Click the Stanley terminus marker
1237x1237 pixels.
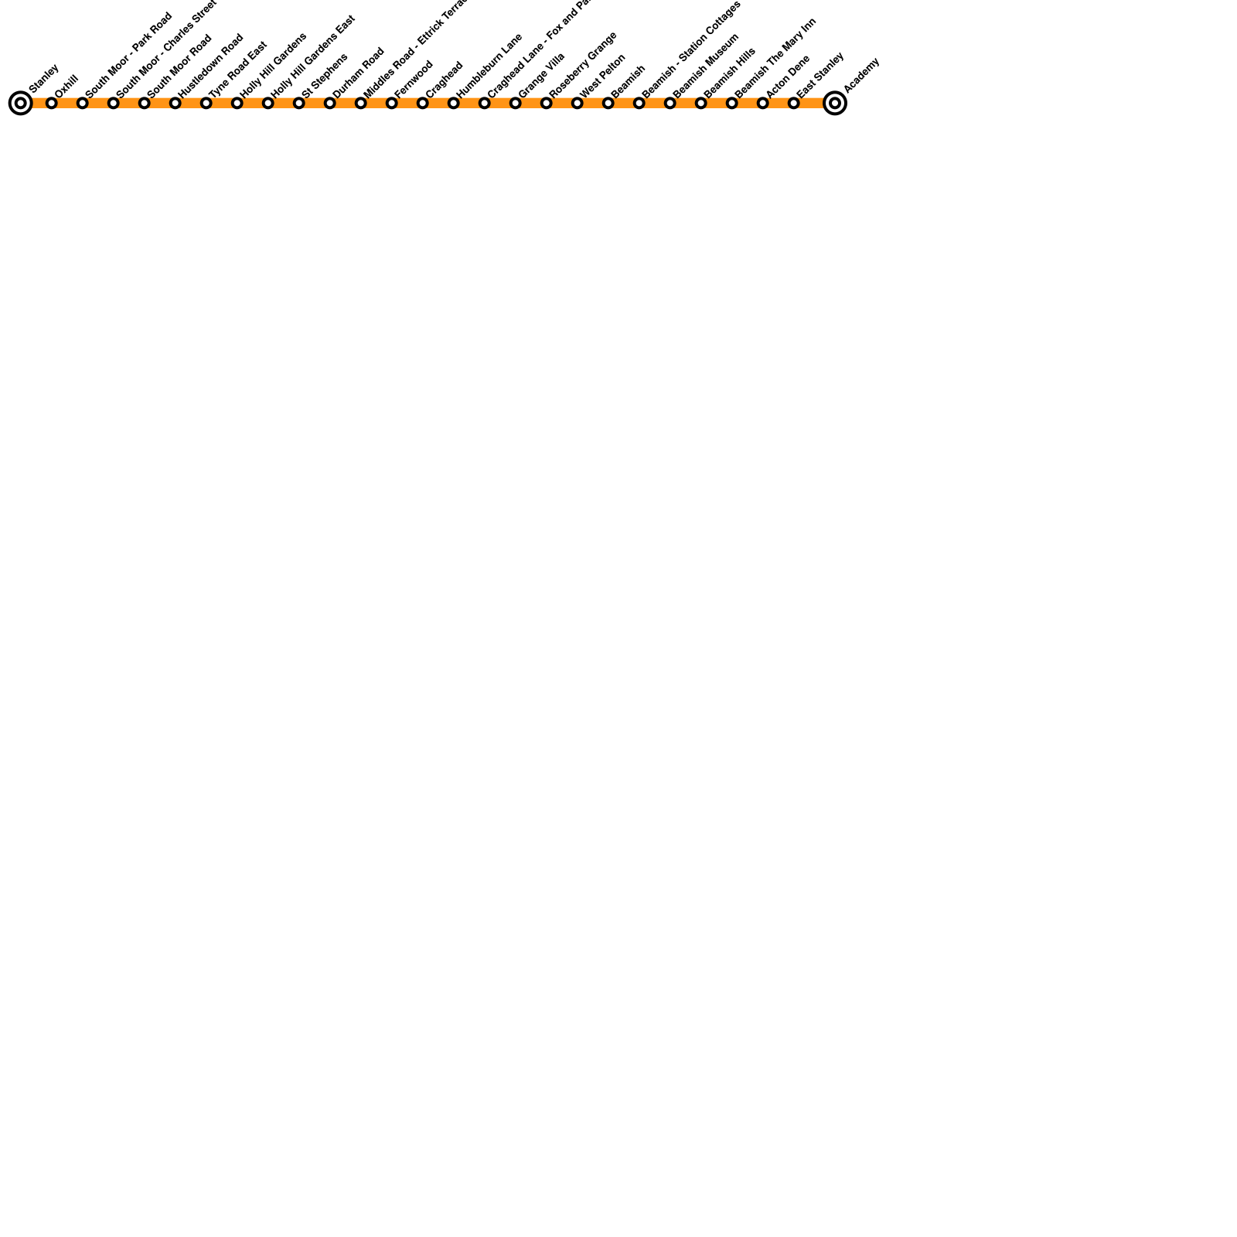[21, 103]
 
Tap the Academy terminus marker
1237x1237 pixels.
[834, 103]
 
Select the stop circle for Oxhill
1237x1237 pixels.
[52, 103]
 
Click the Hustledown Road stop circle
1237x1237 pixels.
[175, 103]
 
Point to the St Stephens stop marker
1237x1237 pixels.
[299, 103]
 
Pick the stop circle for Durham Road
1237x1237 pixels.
[330, 103]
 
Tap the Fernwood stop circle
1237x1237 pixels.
[392, 103]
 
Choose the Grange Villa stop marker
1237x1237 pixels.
[516, 103]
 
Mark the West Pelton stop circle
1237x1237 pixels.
[578, 103]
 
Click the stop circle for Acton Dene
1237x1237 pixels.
[763, 103]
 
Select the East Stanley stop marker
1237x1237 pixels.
[794, 103]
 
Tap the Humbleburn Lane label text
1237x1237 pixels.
[489, 65]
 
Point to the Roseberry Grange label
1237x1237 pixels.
[583, 64]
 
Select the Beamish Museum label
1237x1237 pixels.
[706, 65]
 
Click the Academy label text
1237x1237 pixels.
[862, 74]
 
